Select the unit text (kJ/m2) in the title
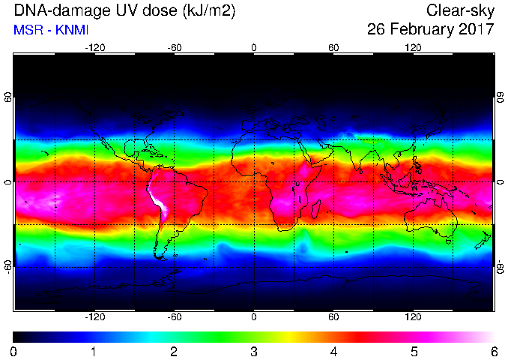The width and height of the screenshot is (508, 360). pyautogui.click(x=208, y=11)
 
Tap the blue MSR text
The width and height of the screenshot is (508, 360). pyautogui.click(x=28, y=30)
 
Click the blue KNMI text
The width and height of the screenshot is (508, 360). pyautogui.click(x=72, y=30)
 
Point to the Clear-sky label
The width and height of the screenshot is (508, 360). pyautogui.click(x=460, y=11)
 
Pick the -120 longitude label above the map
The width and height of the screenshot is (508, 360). pyautogui.click(x=95, y=48)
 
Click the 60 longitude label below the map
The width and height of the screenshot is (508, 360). pyautogui.click(x=333, y=316)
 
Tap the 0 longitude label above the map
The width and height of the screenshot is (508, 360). pyautogui.click(x=254, y=48)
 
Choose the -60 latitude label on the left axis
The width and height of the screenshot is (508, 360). pyautogui.click(x=8, y=266)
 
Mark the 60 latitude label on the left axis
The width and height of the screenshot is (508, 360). pyautogui.click(x=8, y=97)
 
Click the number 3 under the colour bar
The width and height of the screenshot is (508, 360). pyautogui.click(x=254, y=352)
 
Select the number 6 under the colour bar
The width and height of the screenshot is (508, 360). pyautogui.click(x=494, y=352)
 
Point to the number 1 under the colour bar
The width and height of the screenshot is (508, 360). pyautogui.click(x=94, y=352)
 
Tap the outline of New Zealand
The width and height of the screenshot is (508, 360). pyautogui.click(x=483, y=240)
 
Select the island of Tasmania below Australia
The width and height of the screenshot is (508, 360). pyautogui.click(x=449, y=241)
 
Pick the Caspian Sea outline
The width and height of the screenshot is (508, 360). pyautogui.click(x=322, y=122)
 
